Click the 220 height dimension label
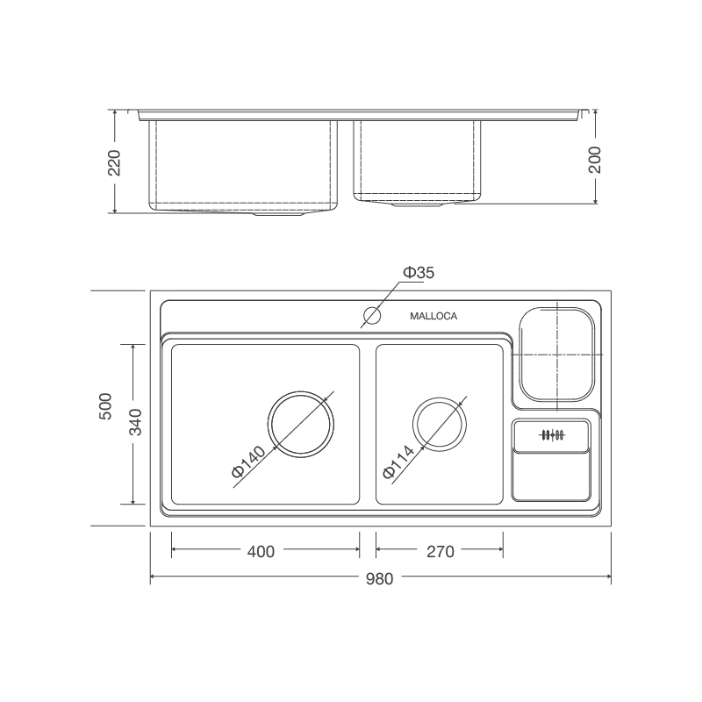coord(115,163)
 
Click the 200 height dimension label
coord(595,160)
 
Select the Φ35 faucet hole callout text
coord(419,273)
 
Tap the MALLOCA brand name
coord(433,316)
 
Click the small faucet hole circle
coord(372,316)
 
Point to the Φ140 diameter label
coord(249,462)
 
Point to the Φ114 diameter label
coord(398,462)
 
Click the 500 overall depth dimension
coord(105,406)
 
